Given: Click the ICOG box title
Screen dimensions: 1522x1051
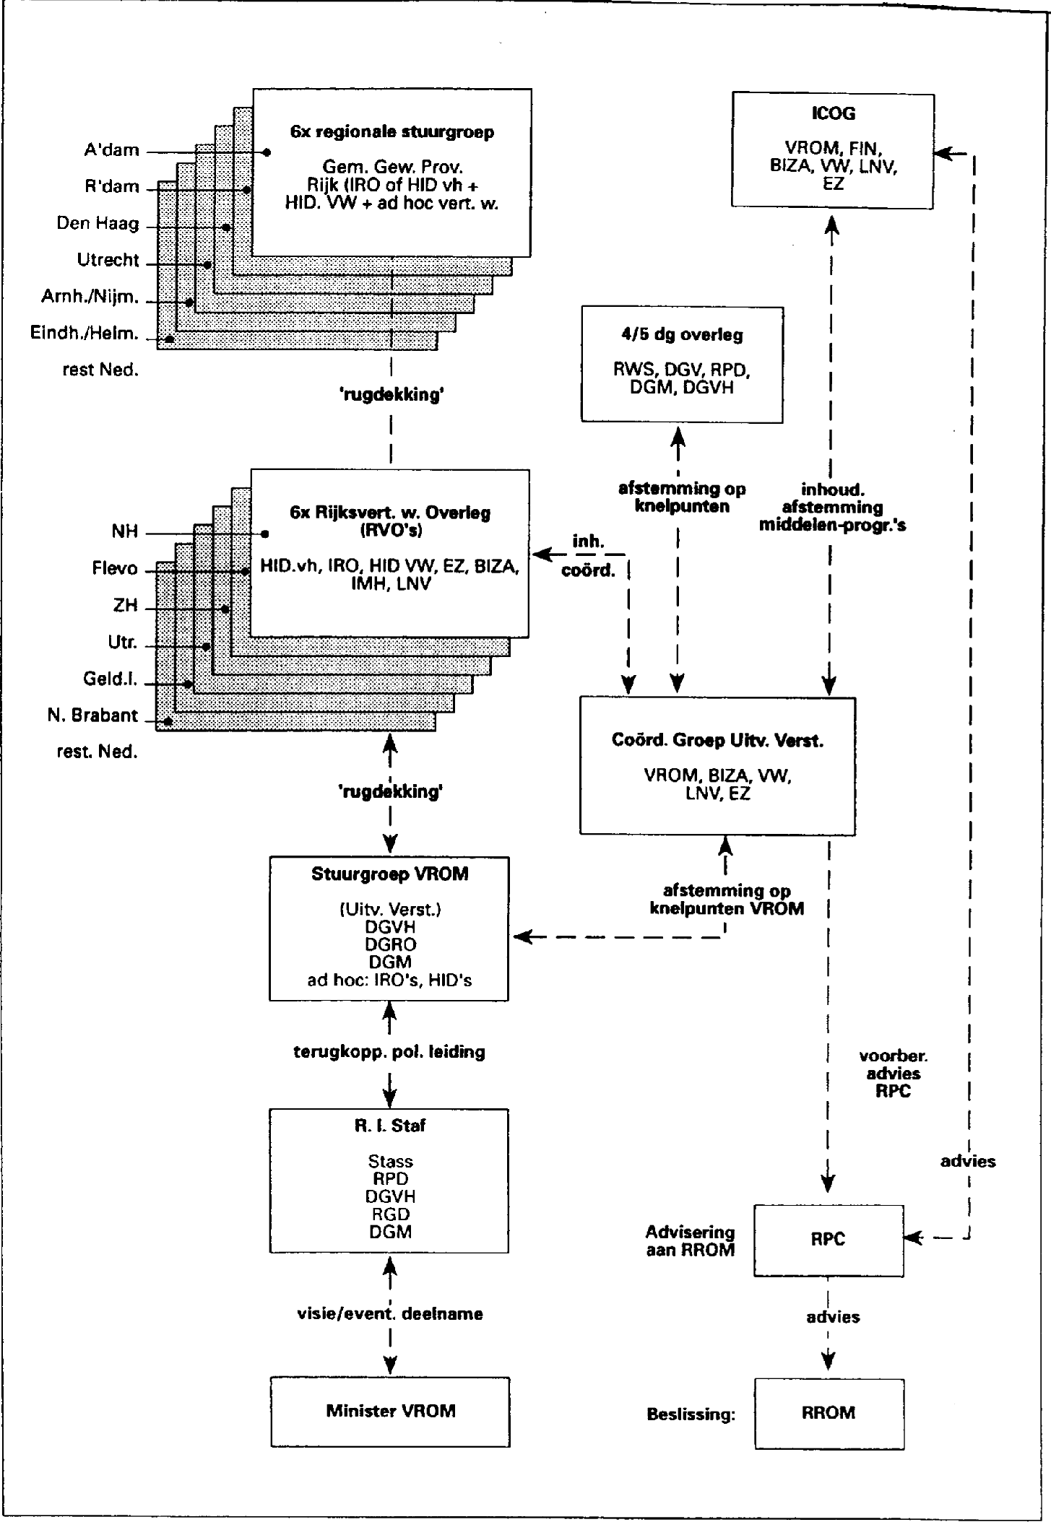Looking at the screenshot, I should coord(833,114).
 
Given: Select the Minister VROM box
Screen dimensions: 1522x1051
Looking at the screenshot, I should coord(390,1410).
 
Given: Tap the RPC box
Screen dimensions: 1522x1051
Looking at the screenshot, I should coord(828,1239).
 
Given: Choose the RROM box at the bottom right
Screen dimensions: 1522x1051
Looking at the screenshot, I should coord(829,1412).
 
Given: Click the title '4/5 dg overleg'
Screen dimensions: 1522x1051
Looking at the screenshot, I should coord(682,335).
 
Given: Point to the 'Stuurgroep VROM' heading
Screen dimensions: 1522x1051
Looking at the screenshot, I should coord(390,874).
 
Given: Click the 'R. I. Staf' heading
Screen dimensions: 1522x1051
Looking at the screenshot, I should coord(390,1126).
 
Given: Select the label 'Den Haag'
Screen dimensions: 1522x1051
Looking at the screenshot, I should coord(98,223).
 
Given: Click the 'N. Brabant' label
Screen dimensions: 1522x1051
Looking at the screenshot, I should coord(92,716).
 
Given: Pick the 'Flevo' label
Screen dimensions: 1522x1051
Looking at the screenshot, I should coord(115,569).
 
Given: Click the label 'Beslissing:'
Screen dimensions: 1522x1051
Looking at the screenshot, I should coord(691,1414).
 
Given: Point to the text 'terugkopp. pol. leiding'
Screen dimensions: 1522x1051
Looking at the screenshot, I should coord(389,1052).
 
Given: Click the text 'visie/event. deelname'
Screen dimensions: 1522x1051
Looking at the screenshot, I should coord(390,1313).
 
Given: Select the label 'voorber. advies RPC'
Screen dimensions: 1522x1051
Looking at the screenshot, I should coord(893,1074).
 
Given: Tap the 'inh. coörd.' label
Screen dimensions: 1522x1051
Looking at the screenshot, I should coord(589,556).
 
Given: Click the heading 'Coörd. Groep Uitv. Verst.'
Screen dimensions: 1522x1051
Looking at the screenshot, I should coord(717,741).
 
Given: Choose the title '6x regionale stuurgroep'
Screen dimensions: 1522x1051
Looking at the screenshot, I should coord(392,132).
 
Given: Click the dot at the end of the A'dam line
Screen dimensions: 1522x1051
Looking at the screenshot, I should coord(267,152).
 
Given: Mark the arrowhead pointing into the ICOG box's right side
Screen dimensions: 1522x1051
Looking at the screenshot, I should coord(941,153).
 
